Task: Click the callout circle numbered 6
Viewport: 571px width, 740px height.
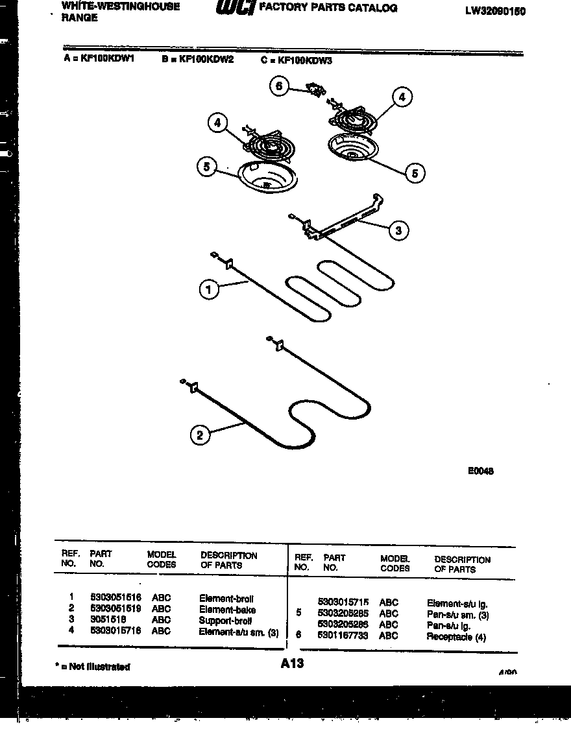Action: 279,86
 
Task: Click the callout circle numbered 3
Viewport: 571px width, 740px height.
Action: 398,230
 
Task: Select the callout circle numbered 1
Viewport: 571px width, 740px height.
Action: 209,291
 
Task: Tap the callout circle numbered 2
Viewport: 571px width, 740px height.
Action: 200,435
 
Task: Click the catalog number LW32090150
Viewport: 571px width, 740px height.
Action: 495,11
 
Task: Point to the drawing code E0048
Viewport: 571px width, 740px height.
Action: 480,471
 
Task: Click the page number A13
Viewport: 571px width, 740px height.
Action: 293,663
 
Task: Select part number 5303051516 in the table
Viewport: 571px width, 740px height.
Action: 115,597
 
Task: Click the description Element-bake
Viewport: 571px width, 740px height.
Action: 227,610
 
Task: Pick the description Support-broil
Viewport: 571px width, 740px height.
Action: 225,621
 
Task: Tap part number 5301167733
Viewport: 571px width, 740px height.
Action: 343,636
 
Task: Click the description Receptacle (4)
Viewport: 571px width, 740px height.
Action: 456,637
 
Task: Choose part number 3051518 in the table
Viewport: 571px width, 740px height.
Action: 108,620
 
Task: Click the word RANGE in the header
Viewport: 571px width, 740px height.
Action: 80,18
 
